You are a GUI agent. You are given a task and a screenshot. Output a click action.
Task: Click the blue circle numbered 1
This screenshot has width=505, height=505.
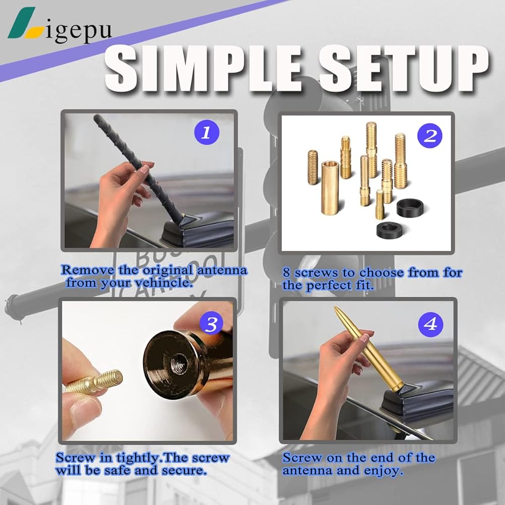point(207,132)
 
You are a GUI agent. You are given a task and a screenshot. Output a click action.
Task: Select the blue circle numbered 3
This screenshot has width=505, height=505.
point(212,324)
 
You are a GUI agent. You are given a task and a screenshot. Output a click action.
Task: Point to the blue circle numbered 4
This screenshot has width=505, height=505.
point(431,324)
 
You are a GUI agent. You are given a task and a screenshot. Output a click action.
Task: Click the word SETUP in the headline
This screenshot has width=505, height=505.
point(404,69)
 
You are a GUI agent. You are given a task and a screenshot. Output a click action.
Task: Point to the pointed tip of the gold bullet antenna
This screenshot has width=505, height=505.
point(335,308)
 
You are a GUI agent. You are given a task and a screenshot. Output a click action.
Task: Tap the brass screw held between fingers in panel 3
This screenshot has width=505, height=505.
point(94,382)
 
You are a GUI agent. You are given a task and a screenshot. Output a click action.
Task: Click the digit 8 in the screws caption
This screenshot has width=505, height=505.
point(287,273)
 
